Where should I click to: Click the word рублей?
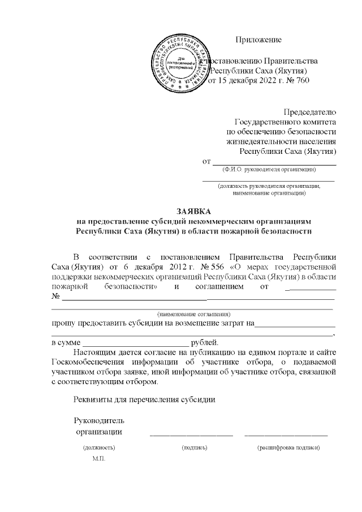click(204, 342)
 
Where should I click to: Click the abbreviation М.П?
click(99, 458)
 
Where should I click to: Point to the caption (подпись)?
click(195, 448)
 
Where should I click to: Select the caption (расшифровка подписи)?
click(288, 448)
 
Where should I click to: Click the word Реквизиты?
click(94, 399)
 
